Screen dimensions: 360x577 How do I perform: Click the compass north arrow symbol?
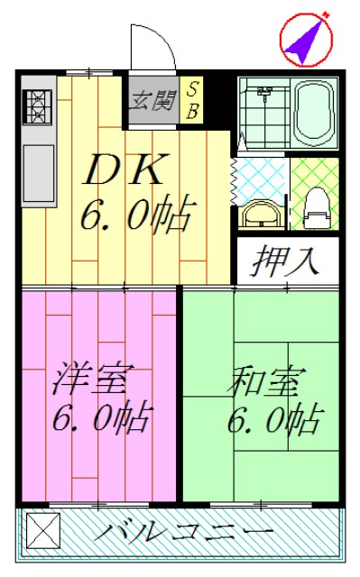306,40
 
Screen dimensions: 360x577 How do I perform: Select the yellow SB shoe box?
191,100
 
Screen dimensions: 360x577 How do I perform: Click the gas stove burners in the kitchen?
38,106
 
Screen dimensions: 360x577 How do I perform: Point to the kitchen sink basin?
39,173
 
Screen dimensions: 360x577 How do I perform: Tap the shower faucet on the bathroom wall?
264,93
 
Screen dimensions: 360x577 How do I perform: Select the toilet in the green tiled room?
316,208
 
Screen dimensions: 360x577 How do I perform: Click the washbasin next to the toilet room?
262,215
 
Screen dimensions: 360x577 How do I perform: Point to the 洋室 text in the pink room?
90,378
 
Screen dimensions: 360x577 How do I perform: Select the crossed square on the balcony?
43,531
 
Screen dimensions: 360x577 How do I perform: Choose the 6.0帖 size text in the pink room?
102,417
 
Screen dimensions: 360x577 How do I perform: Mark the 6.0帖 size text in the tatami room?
275,419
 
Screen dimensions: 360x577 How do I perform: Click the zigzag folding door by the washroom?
234,181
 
